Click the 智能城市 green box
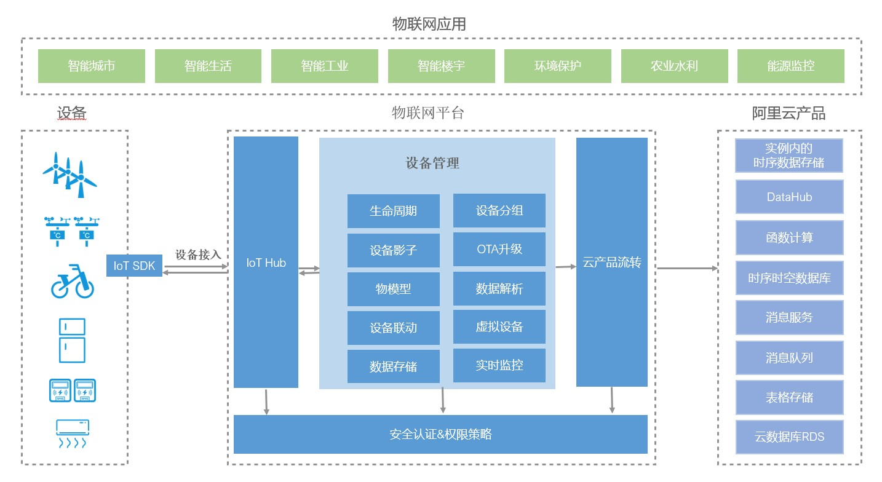(x=92, y=66)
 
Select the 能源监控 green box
(x=790, y=66)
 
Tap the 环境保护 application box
(x=557, y=66)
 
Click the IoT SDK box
(x=134, y=266)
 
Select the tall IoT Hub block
(x=266, y=263)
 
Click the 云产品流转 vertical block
(x=611, y=263)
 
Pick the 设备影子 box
(x=393, y=250)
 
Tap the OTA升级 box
(x=499, y=249)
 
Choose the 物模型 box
(x=393, y=289)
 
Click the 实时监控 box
(x=499, y=365)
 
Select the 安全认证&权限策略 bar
(x=440, y=434)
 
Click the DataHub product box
(x=789, y=197)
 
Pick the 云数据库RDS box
(x=789, y=437)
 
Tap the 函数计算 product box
(x=789, y=237)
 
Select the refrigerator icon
(x=72, y=340)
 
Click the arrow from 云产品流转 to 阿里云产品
(x=686, y=269)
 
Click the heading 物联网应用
(x=429, y=24)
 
